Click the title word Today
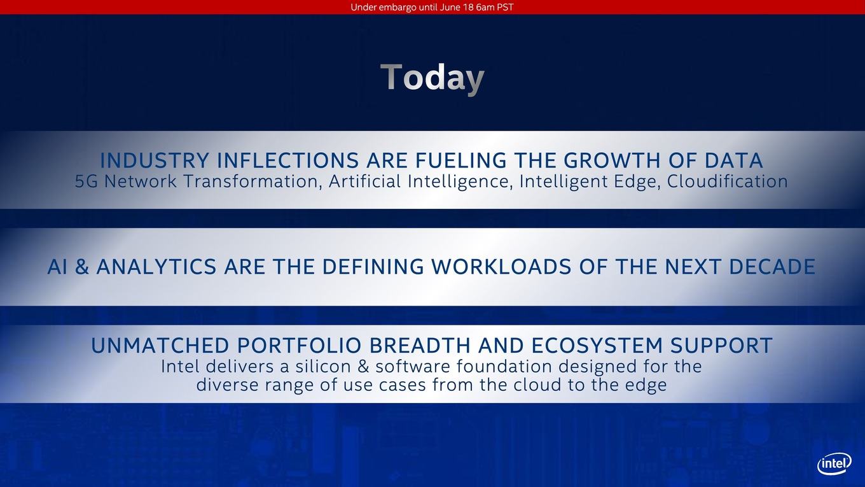click(432, 78)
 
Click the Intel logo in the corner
click(834, 463)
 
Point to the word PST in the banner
click(505, 8)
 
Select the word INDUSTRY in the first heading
click(155, 160)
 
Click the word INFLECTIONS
click(288, 160)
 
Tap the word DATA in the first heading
click(734, 160)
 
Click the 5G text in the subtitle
click(86, 181)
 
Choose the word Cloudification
click(728, 181)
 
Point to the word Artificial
click(365, 181)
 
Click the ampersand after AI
click(82, 267)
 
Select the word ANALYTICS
click(156, 267)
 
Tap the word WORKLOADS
click(501, 267)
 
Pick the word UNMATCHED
click(160, 346)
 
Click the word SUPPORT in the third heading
click(721, 346)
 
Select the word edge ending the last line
click(647, 386)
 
